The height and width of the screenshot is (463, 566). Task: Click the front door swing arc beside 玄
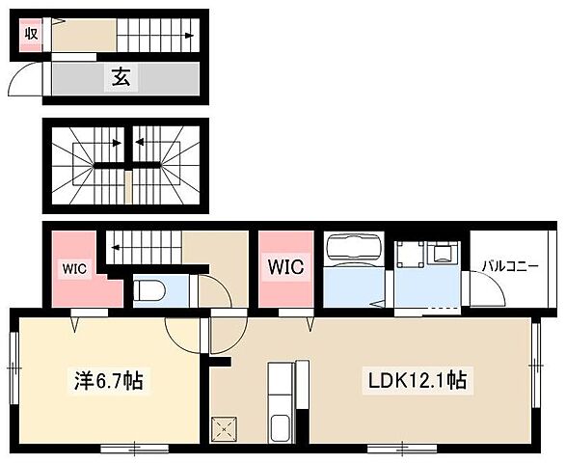tap(26, 80)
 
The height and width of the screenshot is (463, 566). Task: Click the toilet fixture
tap(150, 289)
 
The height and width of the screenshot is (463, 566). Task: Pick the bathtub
tap(353, 252)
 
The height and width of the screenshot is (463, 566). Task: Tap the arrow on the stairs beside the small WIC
tap(116, 248)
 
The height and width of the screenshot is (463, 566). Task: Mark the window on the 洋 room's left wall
tap(13, 367)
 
